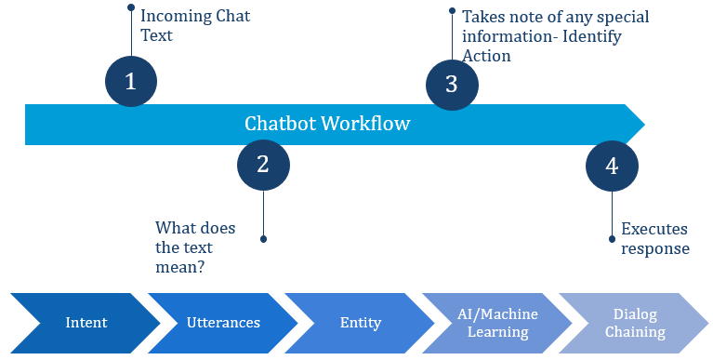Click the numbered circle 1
pyautogui.click(x=131, y=81)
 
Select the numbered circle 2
pyautogui.click(x=263, y=165)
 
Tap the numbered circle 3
pyautogui.click(x=452, y=85)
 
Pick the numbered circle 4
pyautogui.click(x=612, y=166)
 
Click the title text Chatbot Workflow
pyautogui.click(x=327, y=124)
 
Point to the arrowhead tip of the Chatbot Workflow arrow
pyautogui.click(x=645, y=125)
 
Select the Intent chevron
pyautogui.click(x=86, y=323)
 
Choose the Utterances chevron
pyautogui.click(x=223, y=323)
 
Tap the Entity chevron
pyautogui.click(x=360, y=323)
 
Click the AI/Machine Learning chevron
pyautogui.click(x=497, y=323)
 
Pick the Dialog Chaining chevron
pyautogui.click(x=634, y=323)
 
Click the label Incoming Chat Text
pyautogui.click(x=195, y=25)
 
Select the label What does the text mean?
pyautogui.click(x=195, y=247)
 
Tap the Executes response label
pyautogui.click(x=655, y=238)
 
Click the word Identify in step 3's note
pyautogui.click(x=592, y=36)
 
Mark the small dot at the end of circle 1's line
pyautogui.click(x=131, y=7)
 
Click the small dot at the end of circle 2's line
pyautogui.click(x=263, y=239)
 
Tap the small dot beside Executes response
pyautogui.click(x=612, y=239)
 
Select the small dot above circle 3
pyautogui.click(x=452, y=10)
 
